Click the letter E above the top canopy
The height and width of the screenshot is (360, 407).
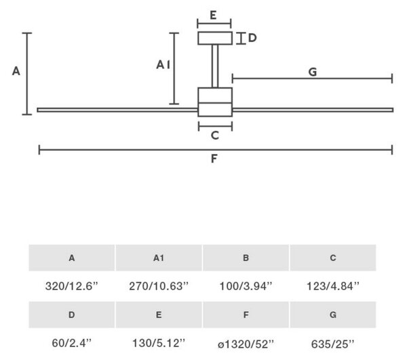tap(213, 15)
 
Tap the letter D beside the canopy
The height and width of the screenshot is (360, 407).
tap(252, 38)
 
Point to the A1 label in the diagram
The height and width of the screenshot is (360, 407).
tap(163, 64)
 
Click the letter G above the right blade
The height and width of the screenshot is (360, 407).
tap(313, 72)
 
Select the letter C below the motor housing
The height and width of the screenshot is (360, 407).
tap(215, 136)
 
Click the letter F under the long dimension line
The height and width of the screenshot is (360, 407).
tap(214, 159)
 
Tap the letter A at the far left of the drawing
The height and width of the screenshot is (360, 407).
tap(16, 71)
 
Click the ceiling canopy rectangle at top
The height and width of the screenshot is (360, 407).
tap(215, 38)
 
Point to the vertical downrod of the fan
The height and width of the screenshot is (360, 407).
tap(215, 66)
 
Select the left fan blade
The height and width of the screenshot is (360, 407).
tap(117, 110)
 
